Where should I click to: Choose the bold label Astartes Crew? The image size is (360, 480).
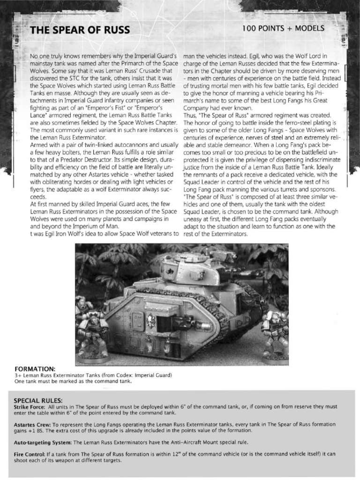[31, 424]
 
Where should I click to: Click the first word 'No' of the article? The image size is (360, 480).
[34, 57]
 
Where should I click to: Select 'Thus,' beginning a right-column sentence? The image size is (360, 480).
[191, 115]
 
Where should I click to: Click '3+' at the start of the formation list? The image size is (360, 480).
[18, 375]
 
